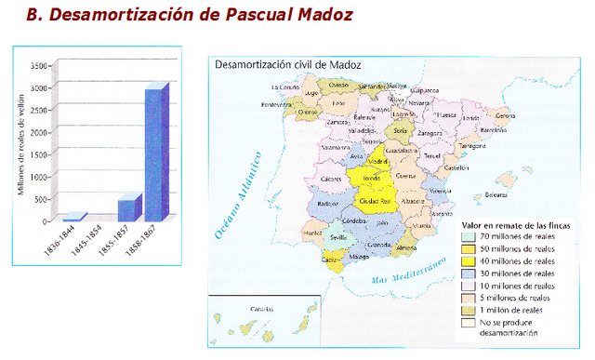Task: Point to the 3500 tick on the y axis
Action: pos(38,66)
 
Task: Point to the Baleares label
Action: pos(488,196)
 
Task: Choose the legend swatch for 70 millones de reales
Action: pos(471,237)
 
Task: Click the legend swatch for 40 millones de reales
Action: pos(471,262)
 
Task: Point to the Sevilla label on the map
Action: pos(338,238)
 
